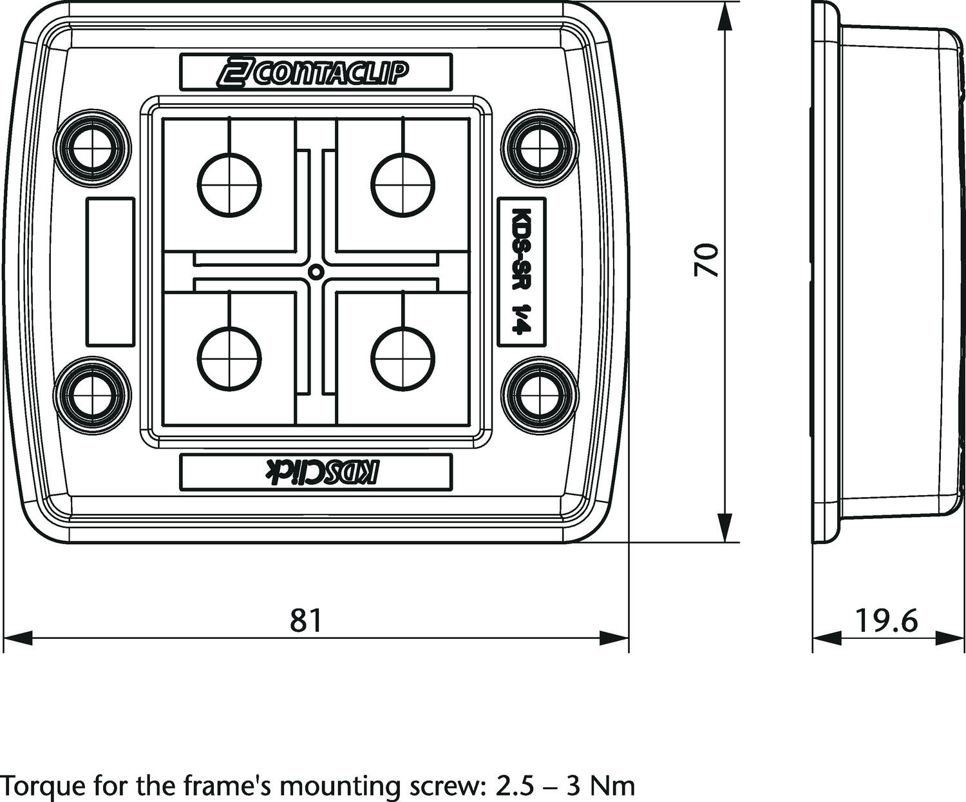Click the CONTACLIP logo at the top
click(316, 73)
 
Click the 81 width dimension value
click(305, 620)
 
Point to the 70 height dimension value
click(706, 260)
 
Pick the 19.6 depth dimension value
click(885, 620)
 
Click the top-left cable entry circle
click(229, 185)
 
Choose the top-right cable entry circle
click(403, 185)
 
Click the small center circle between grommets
click(316, 271)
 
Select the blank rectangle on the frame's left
click(110, 271)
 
